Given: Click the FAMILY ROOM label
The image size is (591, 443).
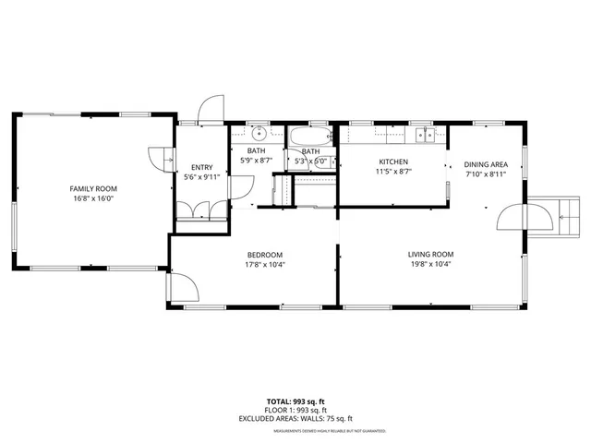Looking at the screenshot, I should coord(93,188).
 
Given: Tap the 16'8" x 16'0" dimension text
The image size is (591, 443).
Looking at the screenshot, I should coord(93,198).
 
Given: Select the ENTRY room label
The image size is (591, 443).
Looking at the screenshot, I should coord(201,167).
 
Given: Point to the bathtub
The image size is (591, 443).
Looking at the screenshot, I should coord(310,138).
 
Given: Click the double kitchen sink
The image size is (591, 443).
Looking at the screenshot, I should coord(425,136).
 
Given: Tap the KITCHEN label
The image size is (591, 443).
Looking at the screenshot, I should coord(392,162).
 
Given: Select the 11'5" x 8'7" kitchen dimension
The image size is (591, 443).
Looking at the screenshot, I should coord(392,172).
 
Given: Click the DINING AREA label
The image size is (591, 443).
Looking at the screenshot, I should coord(486,164).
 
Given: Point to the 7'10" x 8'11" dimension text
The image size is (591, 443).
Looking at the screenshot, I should coord(486,174).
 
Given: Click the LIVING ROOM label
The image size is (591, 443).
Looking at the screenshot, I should coord(431,254).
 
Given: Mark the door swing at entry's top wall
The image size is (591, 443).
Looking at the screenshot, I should coord(211,109).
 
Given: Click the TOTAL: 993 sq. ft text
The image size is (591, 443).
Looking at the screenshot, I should coord(296,401).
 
